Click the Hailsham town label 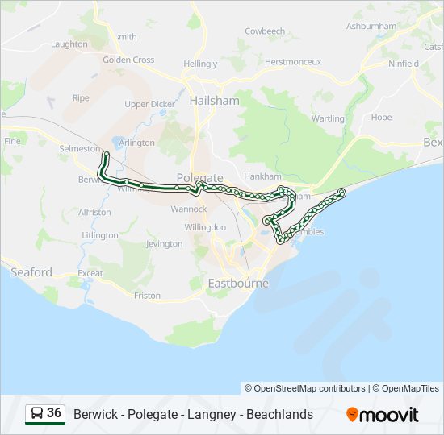pos(214,101)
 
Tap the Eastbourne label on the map pos(238,284)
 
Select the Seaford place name pos(31,272)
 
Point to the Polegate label pos(199,177)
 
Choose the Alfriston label pos(94,212)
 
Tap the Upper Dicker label pos(149,104)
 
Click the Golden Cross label pos(128,60)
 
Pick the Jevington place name pos(164,243)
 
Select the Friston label pos(147,296)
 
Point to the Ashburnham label pos(371,26)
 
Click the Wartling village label pos(328,118)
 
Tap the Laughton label pos(69,44)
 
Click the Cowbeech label pos(265,31)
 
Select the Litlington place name pos(100,235)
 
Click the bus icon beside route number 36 pos(36,414)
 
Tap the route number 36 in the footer pos(54,413)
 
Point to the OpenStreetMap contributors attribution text pos(310,388)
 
